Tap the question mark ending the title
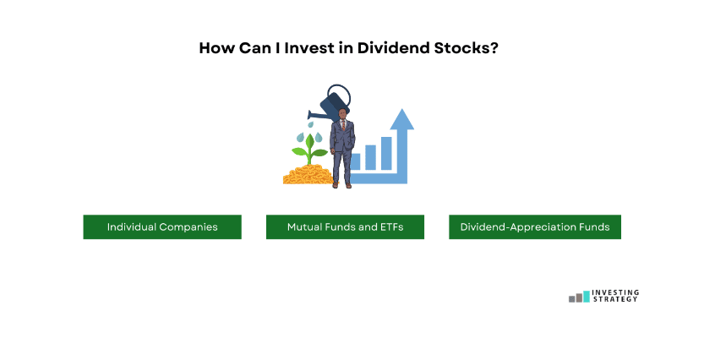494,48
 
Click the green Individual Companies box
162,227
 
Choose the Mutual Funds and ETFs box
345,227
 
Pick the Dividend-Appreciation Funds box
535,227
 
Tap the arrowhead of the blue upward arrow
401,119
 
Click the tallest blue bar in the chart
386,153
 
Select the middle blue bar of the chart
371,157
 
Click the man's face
342,114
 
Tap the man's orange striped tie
343,125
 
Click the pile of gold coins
308,175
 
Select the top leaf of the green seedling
310,141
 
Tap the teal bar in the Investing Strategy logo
587,297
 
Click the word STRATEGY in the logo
615,299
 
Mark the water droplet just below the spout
310,124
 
